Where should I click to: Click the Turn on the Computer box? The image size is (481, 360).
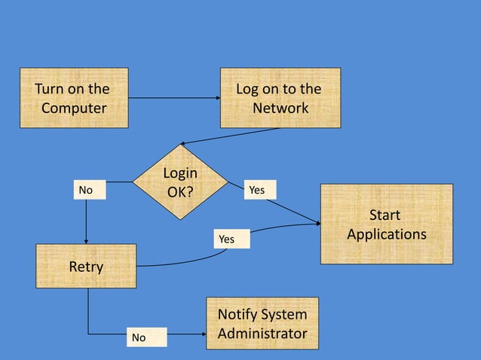[73, 98]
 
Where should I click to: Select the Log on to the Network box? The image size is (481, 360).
[280, 98]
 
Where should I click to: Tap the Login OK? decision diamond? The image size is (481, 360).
[180, 182]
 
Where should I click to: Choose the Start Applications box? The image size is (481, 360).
[386, 224]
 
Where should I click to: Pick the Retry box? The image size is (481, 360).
[87, 266]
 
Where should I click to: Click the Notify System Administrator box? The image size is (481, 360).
[262, 323]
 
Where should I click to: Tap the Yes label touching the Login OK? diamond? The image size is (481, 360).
[258, 191]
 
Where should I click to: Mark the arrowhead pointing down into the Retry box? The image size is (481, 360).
[87, 240]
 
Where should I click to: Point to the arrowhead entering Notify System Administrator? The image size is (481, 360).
[202, 333]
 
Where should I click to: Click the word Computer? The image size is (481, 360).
[73, 108]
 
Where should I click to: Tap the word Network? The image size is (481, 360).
[280, 108]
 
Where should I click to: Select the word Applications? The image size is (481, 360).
[386, 233]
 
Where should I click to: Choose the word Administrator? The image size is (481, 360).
[262, 333]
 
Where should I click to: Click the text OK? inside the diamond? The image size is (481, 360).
[180, 191]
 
